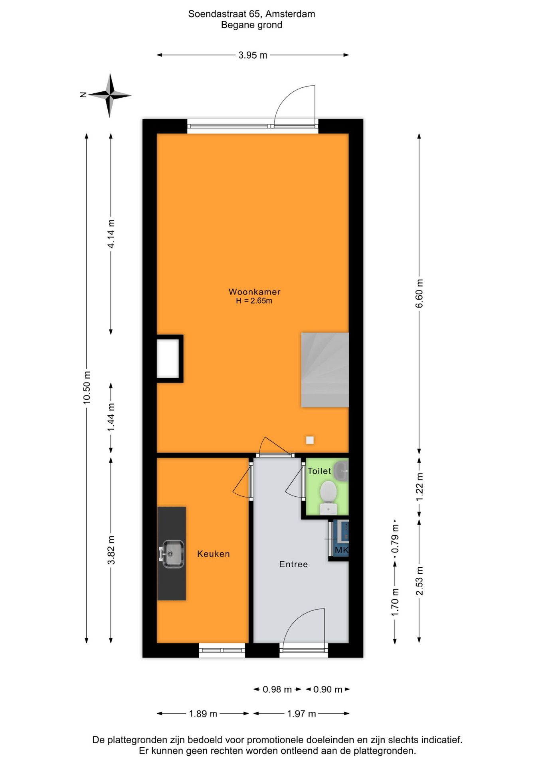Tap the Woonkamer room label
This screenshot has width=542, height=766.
coord(254,292)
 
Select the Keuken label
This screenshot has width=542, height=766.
coord(213,554)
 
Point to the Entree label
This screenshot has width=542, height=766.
coord(293,564)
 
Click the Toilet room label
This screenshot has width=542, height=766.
coord(319,471)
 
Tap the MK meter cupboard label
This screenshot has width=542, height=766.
coord(341,550)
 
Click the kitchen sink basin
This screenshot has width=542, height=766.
coord(172,553)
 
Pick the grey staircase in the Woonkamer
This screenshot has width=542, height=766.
coord(325,370)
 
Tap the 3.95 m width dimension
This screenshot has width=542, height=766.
coord(253,55)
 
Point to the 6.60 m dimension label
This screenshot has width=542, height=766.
coord(419,293)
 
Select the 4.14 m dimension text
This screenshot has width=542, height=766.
coord(111,234)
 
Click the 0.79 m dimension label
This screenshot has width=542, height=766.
coord(395,539)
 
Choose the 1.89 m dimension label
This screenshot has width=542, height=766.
coord(203,713)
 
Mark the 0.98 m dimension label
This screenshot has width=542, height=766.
coord(277,689)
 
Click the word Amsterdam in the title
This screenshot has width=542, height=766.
coord(290,14)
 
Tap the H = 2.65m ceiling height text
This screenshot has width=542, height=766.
coord(254,301)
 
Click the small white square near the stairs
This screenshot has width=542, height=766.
coord(310,440)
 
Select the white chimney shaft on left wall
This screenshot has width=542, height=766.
coord(168,358)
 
